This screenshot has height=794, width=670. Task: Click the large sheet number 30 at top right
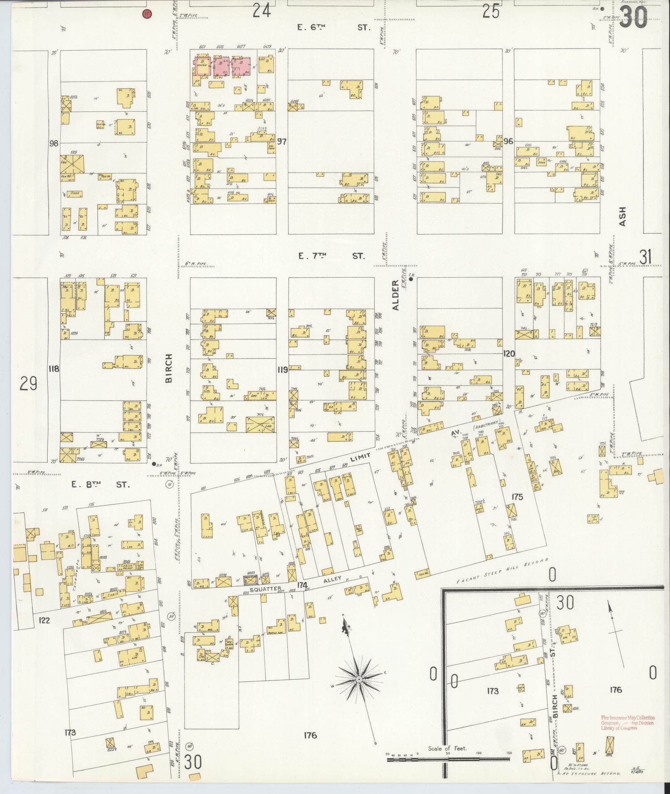point(633,18)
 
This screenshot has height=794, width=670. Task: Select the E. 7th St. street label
point(332,256)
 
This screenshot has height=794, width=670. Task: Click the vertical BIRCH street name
point(169,368)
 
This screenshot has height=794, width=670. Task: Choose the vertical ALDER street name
point(395,295)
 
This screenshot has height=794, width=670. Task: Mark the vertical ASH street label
point(622,217)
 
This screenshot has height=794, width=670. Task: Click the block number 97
point(282,142)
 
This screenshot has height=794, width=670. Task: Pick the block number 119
point(283,369)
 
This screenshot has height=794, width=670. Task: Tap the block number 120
point(509,354)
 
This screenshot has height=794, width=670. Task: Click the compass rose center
point(358,679)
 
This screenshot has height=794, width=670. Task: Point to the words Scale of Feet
point(447,748)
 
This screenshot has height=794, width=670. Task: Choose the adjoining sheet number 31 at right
point(645,258)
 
